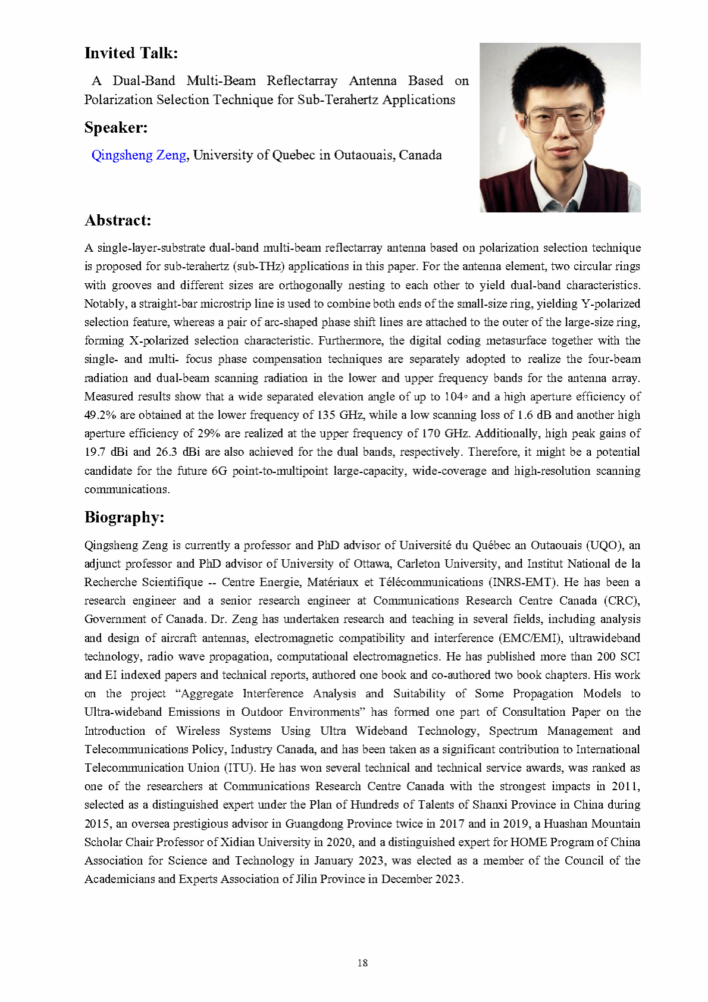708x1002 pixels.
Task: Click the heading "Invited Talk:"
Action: click(x=131, y=53)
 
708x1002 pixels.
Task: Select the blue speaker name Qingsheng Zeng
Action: click(x=139, y=155)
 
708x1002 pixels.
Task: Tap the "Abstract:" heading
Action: click(x=118, y=220)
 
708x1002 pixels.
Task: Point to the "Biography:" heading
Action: click(x=124, y=517)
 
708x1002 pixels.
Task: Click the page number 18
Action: click(x=362, y=962)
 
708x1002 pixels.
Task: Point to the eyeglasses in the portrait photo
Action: click(x=559, y=119)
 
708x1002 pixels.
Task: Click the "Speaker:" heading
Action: click(x=116, y=127)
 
